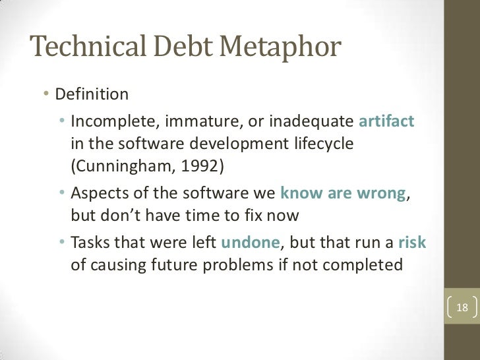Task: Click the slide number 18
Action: tap(462, 307)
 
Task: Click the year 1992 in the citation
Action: tap(202, 165)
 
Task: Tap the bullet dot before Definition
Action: tap(47, 94)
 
